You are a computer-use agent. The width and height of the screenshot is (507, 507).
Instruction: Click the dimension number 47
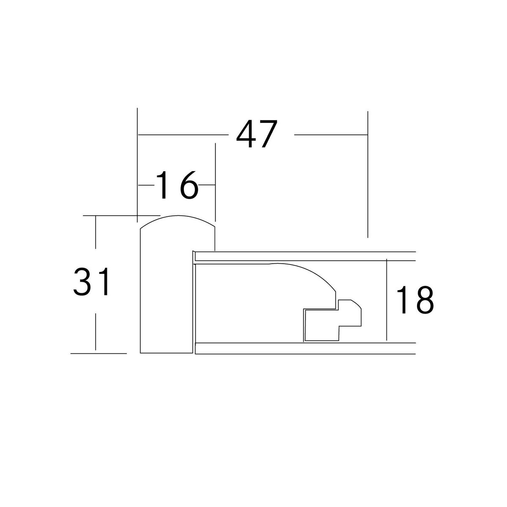(257, 134)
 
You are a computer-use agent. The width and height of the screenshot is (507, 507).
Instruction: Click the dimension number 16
(177, 185)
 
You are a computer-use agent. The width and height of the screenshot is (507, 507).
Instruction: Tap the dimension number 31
(91, 281)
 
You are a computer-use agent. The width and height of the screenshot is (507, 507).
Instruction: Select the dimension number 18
(415, 300)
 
